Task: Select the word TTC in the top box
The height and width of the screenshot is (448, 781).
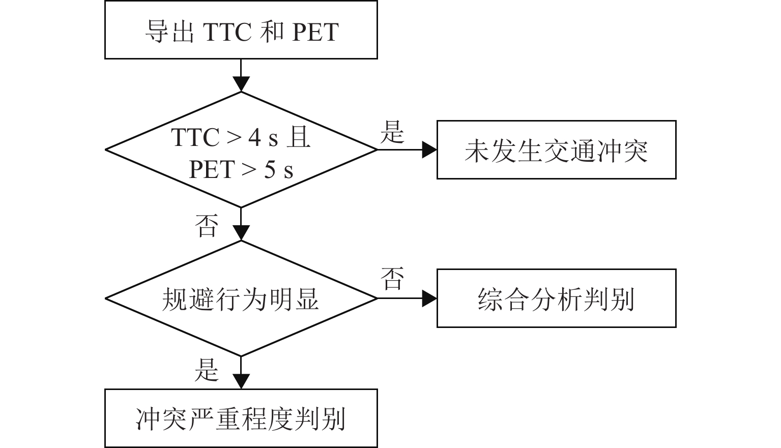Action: (227, 32)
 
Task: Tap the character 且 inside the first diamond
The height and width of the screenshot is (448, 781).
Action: (298, 137)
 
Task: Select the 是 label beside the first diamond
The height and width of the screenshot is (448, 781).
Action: (392, 132)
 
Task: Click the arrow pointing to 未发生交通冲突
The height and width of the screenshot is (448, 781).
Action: (407, 150)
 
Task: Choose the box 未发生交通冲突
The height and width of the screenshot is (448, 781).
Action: (556, 150)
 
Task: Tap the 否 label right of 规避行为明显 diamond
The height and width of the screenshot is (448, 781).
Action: (392, 279)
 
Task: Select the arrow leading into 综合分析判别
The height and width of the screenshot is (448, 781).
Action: (407, 298)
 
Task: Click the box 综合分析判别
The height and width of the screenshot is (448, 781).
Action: (556, 298)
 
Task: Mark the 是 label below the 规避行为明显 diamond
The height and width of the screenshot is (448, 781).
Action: (207, 370)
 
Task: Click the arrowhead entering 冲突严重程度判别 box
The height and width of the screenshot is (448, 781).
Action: (241, 381)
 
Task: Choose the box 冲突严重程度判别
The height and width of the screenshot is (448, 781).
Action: (241, 419)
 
